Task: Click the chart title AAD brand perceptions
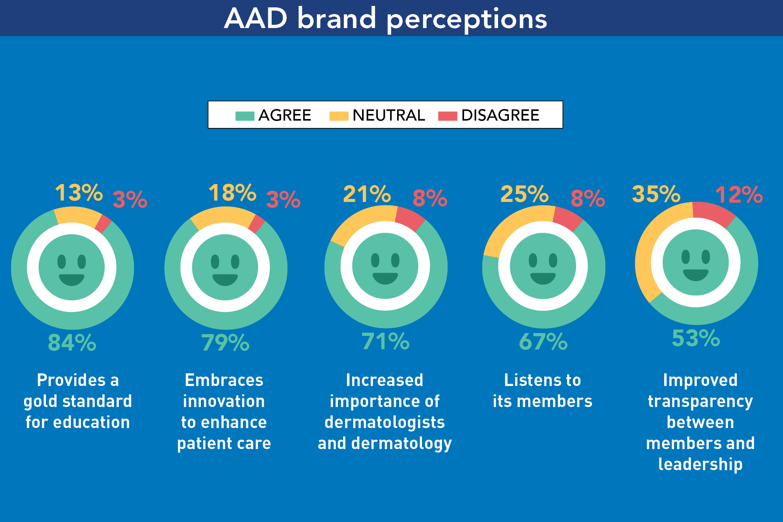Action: (386, 18)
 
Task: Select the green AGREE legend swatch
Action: (245, 116)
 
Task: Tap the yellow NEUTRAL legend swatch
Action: (339, 116)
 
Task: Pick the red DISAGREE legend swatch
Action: (448, 116)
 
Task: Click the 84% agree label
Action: (72, 343)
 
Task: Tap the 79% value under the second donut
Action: (225, 343)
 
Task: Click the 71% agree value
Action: (386, 341)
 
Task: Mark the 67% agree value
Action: (543, 341)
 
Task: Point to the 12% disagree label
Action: (739, 195)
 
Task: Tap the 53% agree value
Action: (696, 338)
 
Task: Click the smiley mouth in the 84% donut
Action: (72, 279)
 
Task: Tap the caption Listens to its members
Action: (543, 391)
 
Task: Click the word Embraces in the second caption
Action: (224, 380)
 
